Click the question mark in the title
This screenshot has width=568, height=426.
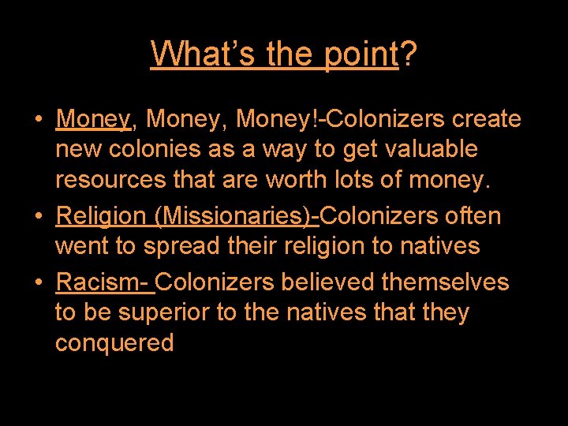coord(408,54)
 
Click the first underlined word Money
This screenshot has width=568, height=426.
coord(93,120)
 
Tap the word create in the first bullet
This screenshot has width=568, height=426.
coord(487,120)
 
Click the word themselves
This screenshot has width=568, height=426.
coord(446,282)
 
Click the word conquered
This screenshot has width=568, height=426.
coord(114,344)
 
